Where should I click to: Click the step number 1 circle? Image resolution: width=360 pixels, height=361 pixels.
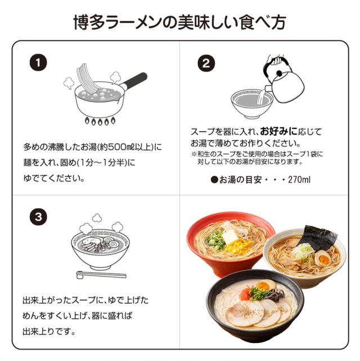[38, 63]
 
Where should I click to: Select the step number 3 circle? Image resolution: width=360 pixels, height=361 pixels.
[38, 216]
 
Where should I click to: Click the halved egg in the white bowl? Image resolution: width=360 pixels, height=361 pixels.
[323, 260]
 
